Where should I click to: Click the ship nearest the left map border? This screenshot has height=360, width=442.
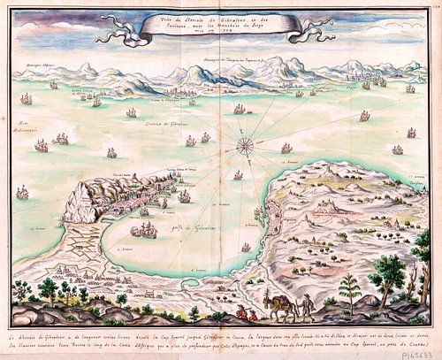tap(21, 191)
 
